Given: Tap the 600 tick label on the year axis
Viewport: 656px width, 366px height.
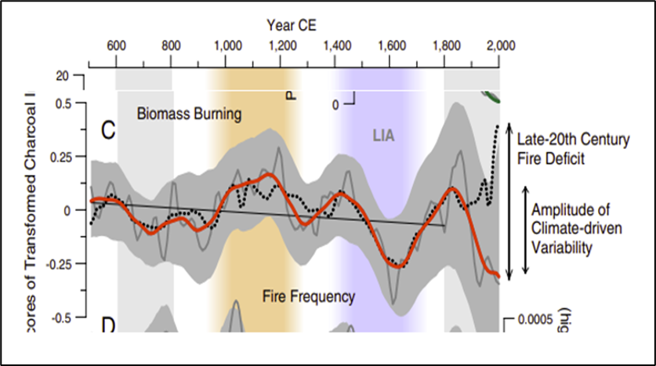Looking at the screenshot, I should pyautogui.click(x=117, y=45).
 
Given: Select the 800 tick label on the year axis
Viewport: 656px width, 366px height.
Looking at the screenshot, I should pyautogui.click(x=172, y=45).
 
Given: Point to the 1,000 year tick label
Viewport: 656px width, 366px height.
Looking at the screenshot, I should pyautogui.click(x=226, y=45).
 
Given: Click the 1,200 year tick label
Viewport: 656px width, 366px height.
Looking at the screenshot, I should pyautogui.click(x=281, y=45).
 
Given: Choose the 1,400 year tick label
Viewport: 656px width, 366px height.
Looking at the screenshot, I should pyautogui.click(x=336, y=45).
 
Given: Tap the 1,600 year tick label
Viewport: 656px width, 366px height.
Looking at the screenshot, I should pyautogui.click(x=391, y=45).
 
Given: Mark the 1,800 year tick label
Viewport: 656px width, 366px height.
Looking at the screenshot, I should pyautogui.click(x=446, y=45).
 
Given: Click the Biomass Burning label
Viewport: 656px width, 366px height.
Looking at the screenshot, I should pyautogui.click(x=189, y=114).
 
